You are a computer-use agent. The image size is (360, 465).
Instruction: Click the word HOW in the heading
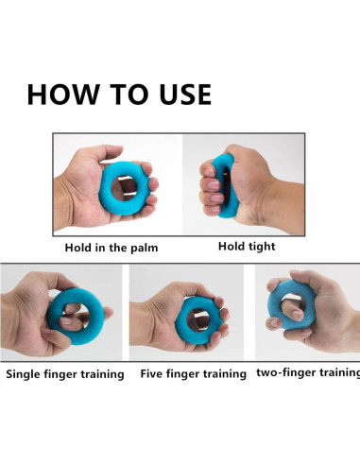pyautogui.click(x=63, y=95)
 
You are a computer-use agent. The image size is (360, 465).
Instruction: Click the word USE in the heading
pyautogui.click(x=185, y=95)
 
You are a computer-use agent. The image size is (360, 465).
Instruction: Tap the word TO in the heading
pyautogui.click(x=129, y=95)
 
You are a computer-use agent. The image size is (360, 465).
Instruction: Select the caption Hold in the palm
pyautogui.click(x=111, y=248)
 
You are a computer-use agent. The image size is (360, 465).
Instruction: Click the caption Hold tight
pyautogui.click(x=247, y=247)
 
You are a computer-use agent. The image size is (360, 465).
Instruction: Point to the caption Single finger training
pyautogui.click(x=65, y=374)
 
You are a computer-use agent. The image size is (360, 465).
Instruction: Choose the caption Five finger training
pyautogui.click(x=193, y=374)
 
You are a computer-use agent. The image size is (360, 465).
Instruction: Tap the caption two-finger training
pyautogui.click(x=308, y=372)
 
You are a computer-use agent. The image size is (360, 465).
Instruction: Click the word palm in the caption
pyautogui.click(x=145, y=248)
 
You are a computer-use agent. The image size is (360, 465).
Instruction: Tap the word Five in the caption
pyautogui.click(x=151, y=373)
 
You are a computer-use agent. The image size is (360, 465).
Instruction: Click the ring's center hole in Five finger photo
pyautogui.click(x=197, y=319)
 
